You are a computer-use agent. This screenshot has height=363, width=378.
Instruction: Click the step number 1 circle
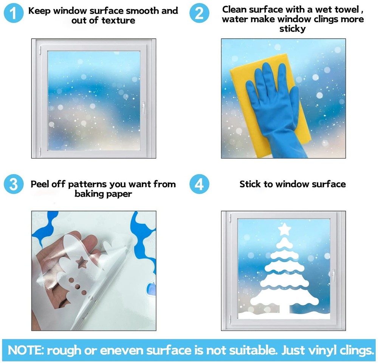(14, 13)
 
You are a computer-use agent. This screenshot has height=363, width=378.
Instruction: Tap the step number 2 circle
(199, 13)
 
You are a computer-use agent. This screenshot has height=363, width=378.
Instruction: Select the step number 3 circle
(14, 184)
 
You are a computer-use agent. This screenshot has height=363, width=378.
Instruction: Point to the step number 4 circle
(199, 184)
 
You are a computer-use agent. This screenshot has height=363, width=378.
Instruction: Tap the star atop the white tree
(285, 229)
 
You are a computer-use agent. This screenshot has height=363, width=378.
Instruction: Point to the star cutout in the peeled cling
(81, 263)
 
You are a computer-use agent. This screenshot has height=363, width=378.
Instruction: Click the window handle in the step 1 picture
(143, 107)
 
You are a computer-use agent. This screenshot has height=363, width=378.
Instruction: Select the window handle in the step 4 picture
(333, 276)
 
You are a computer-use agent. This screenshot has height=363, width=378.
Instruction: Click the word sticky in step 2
(293, 29)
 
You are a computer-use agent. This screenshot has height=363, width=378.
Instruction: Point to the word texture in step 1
(118, 20)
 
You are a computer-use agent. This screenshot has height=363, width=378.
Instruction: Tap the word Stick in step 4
(250, 184)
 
